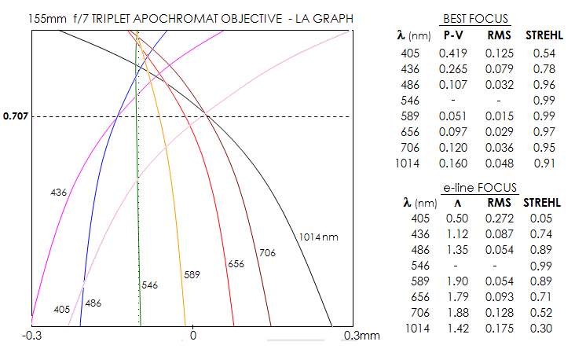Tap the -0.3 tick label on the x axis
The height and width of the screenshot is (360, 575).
(x=32, y=335)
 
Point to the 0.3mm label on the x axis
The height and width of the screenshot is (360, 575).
(x=361, y=335)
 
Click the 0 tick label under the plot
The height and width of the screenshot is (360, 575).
(x=193, y=335)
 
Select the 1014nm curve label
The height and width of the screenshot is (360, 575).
(x=318, y=237)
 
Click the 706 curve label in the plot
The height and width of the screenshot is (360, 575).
(x=268, y=252)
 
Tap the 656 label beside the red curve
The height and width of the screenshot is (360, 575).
(x=235, y=264)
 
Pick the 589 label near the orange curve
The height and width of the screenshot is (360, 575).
(x=192, y=274)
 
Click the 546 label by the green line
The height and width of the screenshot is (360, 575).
(x=150, y=285)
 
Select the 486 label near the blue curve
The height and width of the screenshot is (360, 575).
(x=93, y=303)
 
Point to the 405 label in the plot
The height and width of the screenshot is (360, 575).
(x=62, y=310)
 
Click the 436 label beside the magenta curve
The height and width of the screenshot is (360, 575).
(x=58, y=192)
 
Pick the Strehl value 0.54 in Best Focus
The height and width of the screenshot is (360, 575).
(x=544, y=53)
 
